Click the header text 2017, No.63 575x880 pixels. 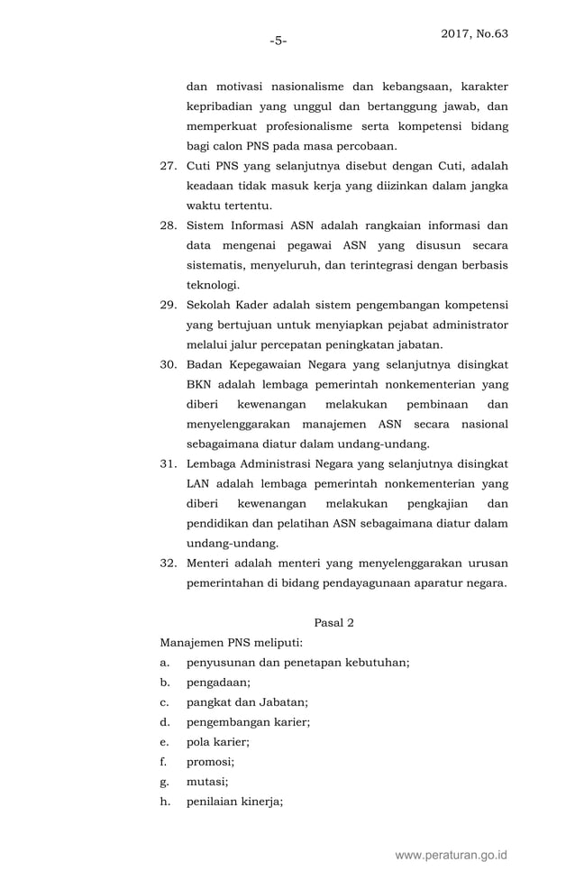tap(474, 34)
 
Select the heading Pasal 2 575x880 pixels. tap(334, 622)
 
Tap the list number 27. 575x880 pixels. tap(168, 166)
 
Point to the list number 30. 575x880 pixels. tap(168, 364)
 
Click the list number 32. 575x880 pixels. tap(168, 563)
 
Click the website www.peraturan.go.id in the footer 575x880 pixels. tap(452, 854)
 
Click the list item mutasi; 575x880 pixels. tap(207, 782)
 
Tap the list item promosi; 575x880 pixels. tap(210, 762)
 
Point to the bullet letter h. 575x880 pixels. tap(164, 802)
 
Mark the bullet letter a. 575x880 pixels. tap(163, 663)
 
